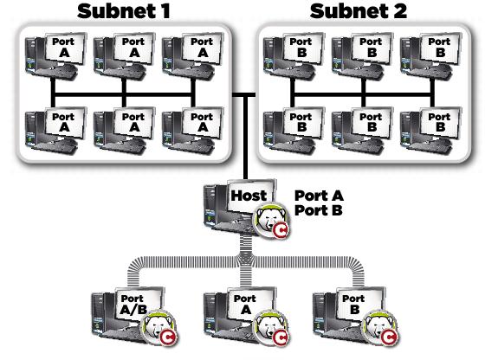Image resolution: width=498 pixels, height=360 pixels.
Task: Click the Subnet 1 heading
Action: pyautogui.click(x=124, y=10)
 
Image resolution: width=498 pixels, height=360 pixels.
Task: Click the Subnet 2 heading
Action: pyautogui.click(x=359, y=10)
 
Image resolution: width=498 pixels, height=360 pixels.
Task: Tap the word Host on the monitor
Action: pyautogui.click(x=249, y=196)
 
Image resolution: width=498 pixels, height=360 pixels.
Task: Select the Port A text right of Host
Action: pyautogui.click(x=319, y=196)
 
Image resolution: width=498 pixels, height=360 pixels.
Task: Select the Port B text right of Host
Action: pyautogui.click(x=319, y=210)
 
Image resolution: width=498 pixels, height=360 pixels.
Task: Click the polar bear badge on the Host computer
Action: pyautogui.click(x=271, y=220)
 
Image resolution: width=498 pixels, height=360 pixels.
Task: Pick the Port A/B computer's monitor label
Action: pyautogui.click(x=133, y=304)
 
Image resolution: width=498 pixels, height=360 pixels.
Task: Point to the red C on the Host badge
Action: pyautogui.click(x=281, y=230)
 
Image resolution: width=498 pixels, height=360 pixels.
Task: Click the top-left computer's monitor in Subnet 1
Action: pyautogui.click(x=65, y=48)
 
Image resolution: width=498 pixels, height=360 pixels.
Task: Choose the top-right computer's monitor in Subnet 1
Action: pyautogui.click(x=203, y=48)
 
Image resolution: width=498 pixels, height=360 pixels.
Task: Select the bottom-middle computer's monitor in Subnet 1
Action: pyautogui.click(x=134, y=123)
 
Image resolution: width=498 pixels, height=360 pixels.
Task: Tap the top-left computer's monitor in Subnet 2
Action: pyautogui.click(x=301, y=48)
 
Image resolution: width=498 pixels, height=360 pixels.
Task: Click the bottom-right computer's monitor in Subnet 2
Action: pyautogui.click(x=440, y=123)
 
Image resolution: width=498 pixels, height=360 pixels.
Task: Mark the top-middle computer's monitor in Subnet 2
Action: pyautogui.click(x=372, y=48)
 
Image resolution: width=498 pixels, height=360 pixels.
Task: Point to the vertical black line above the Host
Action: pyautogui.click(x=245, y=137)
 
